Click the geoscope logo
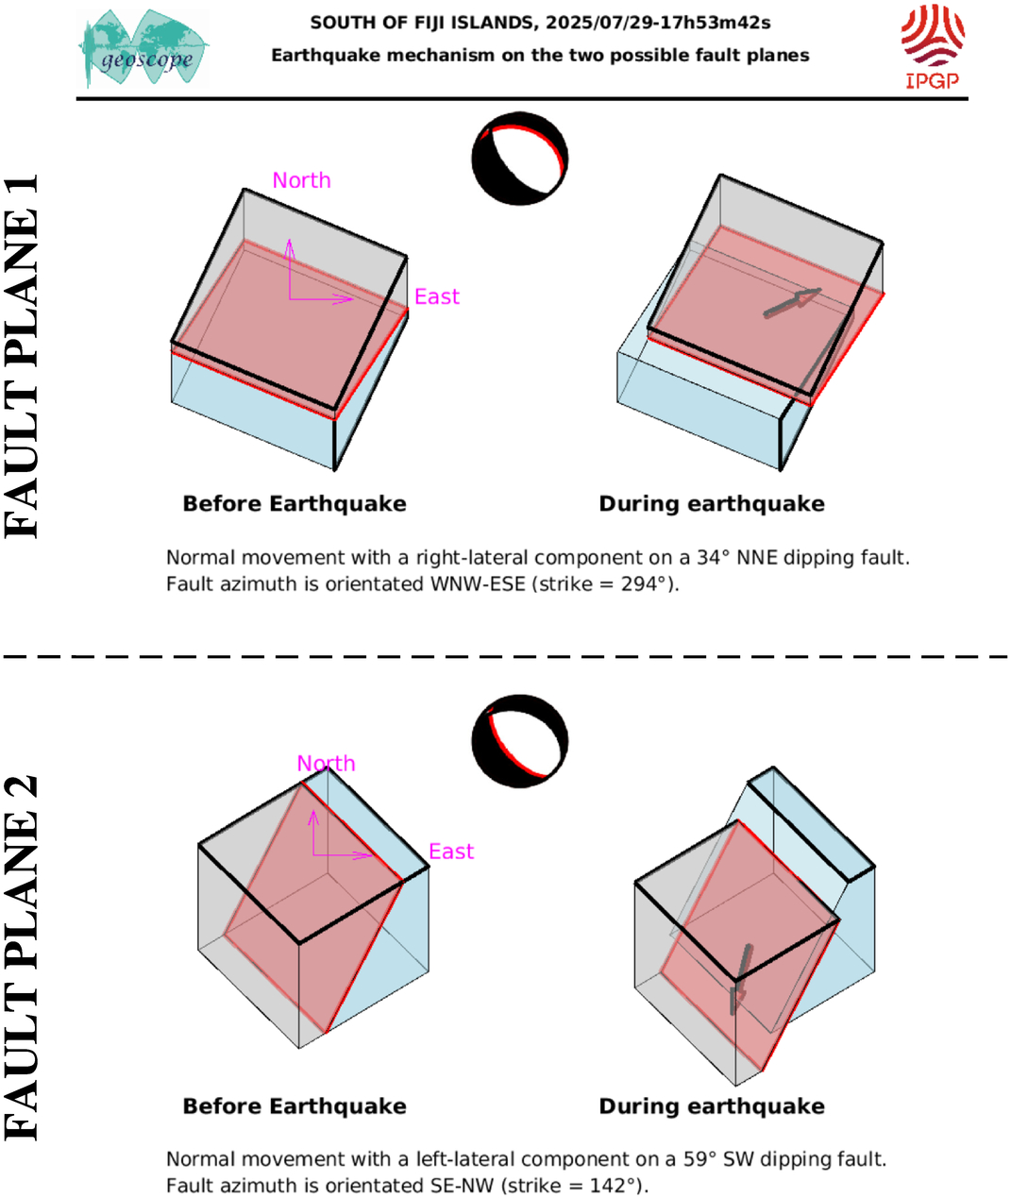[x=143, y=48]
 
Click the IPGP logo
[x=933, y=46]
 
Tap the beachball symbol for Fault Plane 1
[x=520, y=159]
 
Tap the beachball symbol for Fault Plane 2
[x=520, y=741]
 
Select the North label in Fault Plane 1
[x=302, y=180]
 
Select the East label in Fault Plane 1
[x=437, y=296]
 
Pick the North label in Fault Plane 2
[x=327, y=763]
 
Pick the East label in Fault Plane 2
[x=451, y=852]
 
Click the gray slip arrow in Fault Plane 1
[x=792, y=302]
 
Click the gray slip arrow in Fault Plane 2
[x=740, y=980]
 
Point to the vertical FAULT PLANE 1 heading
[x=21, y=356]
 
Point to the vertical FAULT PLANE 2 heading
[x=21, y=957]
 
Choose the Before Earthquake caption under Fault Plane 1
[x=295, y=504]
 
